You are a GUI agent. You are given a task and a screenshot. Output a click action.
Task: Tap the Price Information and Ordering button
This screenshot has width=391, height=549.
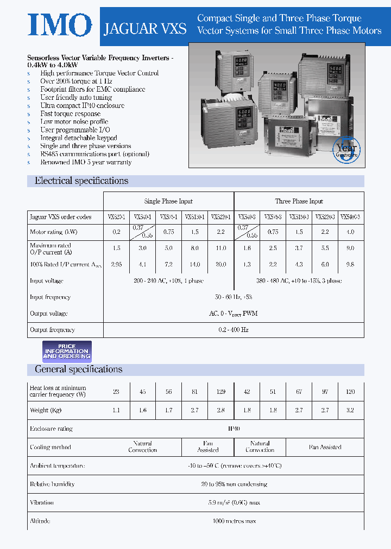(x=67, y=352)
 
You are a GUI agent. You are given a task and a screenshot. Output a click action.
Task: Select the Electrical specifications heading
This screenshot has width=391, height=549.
(x=81, y=181)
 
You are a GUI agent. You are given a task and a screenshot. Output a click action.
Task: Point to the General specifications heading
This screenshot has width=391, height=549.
(x=79, y=369)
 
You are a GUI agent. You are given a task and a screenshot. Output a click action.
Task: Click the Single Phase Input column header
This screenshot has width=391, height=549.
(x=168, y=201)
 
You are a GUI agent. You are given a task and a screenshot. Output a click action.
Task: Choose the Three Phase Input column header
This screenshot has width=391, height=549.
(x=299, y=201)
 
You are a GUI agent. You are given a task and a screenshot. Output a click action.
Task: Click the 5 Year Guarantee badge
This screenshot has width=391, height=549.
(x=346, y=149)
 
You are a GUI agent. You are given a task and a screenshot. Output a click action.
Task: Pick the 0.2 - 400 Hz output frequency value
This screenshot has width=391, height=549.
(x=234, y=330)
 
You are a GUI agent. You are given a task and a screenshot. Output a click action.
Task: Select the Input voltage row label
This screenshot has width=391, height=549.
(x=47, y=281)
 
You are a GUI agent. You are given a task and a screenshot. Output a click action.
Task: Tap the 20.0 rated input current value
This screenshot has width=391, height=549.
(x=220, y=265)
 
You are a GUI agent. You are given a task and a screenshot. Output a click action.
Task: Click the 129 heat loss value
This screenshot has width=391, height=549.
(x=220, y=392)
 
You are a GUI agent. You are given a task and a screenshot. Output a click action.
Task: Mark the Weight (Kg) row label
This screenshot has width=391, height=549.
(x=46, y=410)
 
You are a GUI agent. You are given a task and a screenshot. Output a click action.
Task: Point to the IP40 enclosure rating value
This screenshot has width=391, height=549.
(x=234, y=429)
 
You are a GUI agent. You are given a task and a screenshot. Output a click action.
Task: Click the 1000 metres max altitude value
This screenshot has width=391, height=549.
(x=234, y=521)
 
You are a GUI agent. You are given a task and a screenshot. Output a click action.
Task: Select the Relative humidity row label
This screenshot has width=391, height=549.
(x=52, y=484)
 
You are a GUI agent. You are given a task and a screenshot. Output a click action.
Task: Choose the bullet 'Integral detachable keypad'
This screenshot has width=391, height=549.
(x=78, y=138)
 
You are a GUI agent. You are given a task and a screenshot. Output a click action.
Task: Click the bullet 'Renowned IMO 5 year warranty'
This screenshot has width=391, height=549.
(x=86, y=162)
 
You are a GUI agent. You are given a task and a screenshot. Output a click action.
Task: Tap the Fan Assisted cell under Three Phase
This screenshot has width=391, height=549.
(x=325, y=447)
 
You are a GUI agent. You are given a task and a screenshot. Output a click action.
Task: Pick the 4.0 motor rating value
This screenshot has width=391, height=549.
(x=350, y=232)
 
